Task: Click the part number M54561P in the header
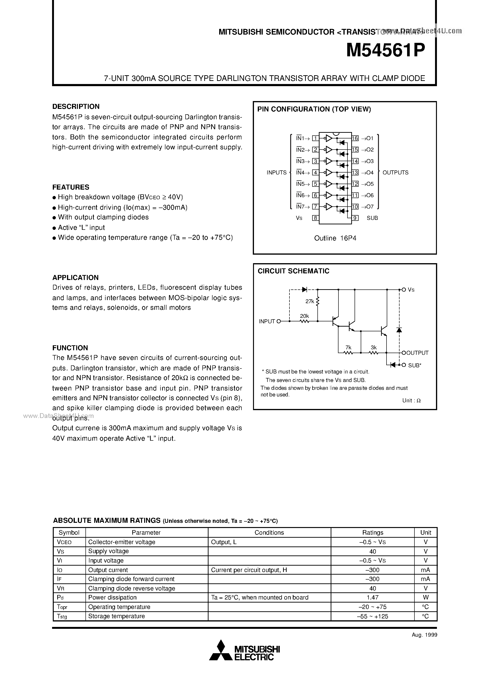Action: [386, 51]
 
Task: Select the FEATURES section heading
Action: [71, 187]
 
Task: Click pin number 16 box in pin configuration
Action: [355, 138]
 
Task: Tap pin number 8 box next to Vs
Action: [315, 218]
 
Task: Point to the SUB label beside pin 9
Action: [372, 218]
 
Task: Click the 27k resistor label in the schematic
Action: [310, 301]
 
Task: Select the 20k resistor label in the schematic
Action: [304, 316]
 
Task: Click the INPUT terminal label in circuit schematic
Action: [267, 322]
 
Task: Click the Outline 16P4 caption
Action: [335, 238]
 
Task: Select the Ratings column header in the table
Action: [373, 532]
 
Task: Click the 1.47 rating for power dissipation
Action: [373, 598]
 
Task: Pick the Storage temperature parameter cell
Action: [116, 616]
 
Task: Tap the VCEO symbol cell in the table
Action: [64, 542]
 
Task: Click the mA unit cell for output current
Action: [425, 570]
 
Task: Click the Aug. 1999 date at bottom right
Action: [424, 635]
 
